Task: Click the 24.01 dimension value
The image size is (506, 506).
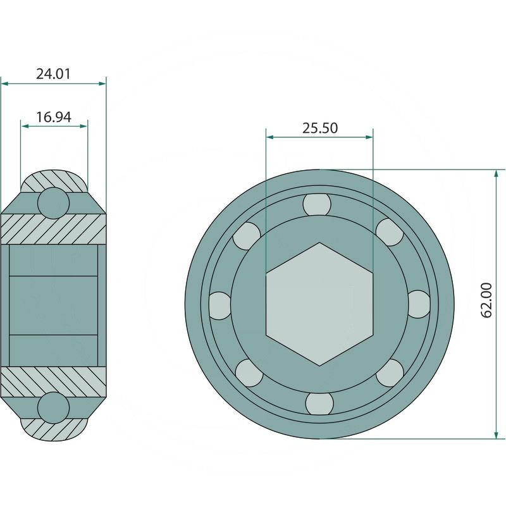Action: click(x=53, y=74)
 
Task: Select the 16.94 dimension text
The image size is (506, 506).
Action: click(x=54, y=117)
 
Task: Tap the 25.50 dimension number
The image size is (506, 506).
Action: click(x=320, y=128)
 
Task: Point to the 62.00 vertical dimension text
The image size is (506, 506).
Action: click(x=486, y=300)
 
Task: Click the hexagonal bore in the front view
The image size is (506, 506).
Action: click(x=319, y=304)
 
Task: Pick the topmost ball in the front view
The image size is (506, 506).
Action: click(x=317, y=204)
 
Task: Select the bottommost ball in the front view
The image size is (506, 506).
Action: click(x=319, y=404)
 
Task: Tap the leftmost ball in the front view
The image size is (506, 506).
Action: click(x=220, y=305)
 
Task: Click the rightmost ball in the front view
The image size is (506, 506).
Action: click(x=419, y=304)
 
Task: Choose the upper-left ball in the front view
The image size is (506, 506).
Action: click(x=247, y=236)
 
